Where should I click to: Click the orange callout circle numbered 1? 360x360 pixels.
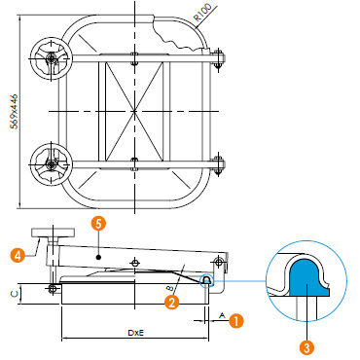(236, 321)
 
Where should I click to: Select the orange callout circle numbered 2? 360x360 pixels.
(172, 302)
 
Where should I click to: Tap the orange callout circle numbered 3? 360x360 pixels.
(306, 348)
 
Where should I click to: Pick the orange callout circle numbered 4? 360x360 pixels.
(18, 255)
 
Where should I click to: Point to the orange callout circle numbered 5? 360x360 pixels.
(98, 224)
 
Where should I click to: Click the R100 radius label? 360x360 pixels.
(202, 13)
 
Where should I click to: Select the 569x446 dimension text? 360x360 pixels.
(14, 111)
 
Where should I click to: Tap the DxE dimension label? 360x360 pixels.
(135, 333)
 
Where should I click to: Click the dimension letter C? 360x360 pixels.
(14, 294)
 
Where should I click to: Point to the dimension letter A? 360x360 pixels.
(222, 315)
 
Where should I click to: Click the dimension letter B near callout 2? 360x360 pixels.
(168, 288)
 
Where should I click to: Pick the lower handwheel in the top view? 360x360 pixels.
(51, 164)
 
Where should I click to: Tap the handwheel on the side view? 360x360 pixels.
(53, 234)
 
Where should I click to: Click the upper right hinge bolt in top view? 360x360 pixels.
(219, 58)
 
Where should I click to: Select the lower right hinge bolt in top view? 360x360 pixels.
(219, 164)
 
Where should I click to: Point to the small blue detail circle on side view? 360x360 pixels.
(206, 281)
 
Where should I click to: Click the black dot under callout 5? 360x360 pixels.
(99, 257)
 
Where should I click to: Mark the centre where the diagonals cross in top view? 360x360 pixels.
(134, 111)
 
